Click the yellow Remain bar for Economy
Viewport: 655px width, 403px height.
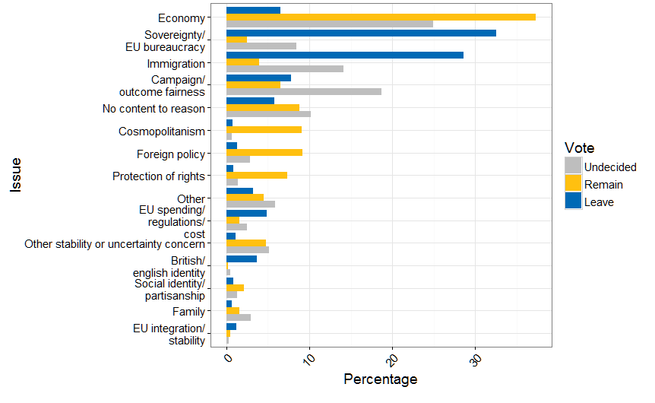click(x=381, y=17)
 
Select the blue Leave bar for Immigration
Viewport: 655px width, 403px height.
click(x=345, y=55)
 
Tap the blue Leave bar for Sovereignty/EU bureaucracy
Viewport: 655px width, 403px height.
click(x=361, y=33)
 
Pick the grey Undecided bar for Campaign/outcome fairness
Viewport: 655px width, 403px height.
click(x=304, y=92)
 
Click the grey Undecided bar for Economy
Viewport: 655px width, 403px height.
click(x=330, y=24)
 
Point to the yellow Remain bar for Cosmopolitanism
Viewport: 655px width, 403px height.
click(x=264, y=129)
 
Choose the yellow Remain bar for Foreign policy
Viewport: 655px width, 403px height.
click(x=264, y=152)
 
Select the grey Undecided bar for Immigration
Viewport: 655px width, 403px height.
click(x=285, y=69)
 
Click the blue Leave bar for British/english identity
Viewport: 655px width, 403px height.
click(x=242, y=259)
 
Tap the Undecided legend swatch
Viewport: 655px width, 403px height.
click(x=573, y=167)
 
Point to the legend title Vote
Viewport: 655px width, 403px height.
click(x=580, y=148)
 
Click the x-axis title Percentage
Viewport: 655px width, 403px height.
click(x=380, y=379)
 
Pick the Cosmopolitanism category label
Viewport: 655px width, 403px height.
click(x=162, y=132)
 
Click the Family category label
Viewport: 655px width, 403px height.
click(x=188, y=311)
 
